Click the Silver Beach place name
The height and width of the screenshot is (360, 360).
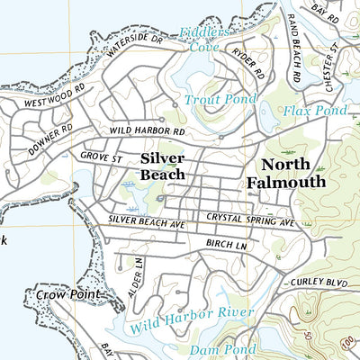tap(163, 166)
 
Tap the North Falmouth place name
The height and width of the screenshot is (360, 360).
tap(285, 173)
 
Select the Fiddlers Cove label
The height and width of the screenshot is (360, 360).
tap(203, 40)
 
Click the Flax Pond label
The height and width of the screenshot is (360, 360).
tap(314, 112)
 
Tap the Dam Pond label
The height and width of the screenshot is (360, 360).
tap(217, 348)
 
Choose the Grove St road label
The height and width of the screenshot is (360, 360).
tap(100, 157)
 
